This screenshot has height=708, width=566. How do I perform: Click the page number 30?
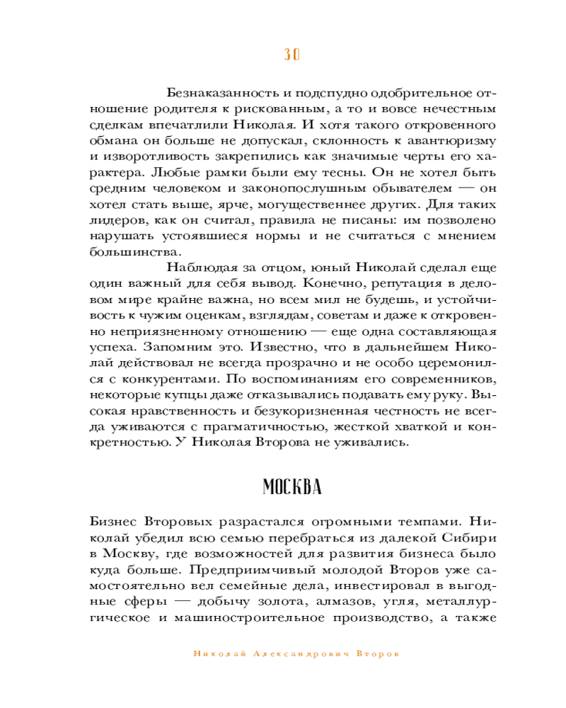click(292, 55)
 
